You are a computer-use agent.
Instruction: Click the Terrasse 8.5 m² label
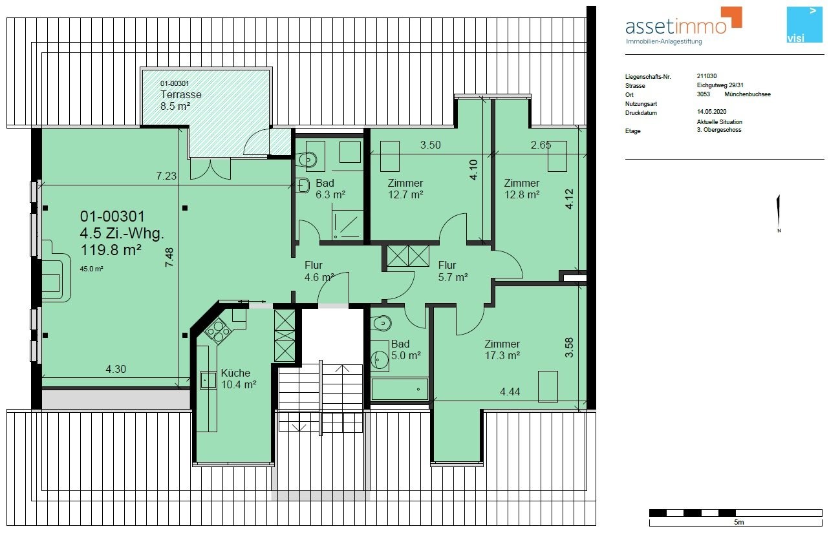click(180, 100)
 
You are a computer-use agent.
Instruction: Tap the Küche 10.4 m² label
click(239, 379)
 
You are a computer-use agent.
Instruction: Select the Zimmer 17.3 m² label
click(502, 350)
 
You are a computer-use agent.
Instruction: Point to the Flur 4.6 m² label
click(319, 271)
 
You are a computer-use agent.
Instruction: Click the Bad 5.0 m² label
click(406, 350)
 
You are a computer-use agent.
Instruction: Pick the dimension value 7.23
click(166, 176)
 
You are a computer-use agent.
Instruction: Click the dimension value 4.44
click(510, 392)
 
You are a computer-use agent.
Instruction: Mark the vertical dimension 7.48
click(169, 257)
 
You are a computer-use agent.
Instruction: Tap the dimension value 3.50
click(431, 145)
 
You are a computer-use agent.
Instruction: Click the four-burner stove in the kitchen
click(218, 331)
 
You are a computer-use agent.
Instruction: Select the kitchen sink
click(208, 381)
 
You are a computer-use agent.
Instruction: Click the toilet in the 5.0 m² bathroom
click(381, 324)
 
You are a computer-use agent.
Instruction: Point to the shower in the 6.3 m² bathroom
click(347, 225)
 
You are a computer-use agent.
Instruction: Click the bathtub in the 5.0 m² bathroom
click(400, 389)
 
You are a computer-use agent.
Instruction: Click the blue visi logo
click(804, 25)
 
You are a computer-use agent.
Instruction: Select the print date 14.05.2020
click(711, 111)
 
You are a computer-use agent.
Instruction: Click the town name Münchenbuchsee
click(748, 94)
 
